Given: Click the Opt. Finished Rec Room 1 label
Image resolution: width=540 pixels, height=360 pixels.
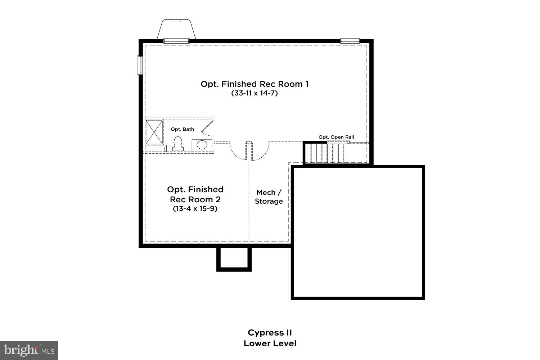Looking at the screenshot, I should click(255, 84).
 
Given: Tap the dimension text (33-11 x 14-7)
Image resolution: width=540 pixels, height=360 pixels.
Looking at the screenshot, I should click(255, 93).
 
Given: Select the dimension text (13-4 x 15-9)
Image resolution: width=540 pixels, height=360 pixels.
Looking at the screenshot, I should click(195, 209).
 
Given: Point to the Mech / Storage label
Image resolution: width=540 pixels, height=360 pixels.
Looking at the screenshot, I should click(269, 197).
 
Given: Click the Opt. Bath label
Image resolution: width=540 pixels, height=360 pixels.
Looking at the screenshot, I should click(182, 129).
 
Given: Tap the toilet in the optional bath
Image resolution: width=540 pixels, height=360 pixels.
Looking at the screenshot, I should click(177, 144).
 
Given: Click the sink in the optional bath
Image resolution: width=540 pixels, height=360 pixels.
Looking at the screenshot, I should click(202, 145).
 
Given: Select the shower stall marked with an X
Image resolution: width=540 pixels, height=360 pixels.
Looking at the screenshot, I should click(154, 132).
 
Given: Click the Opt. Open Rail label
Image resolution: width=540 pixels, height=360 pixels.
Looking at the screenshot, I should click(336, 137).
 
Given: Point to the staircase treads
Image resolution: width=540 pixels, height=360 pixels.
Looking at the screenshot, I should click(325, 153).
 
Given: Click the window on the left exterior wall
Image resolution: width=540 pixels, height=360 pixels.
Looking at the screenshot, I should click(140, 65).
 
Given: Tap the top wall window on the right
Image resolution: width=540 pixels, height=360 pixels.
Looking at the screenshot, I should click(350, 41).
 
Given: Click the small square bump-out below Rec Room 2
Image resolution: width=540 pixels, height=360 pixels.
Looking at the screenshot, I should click(234, 258).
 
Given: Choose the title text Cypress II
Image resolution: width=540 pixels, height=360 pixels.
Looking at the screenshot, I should click(270, 332).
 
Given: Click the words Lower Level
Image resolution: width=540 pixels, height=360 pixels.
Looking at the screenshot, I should click(270, 343).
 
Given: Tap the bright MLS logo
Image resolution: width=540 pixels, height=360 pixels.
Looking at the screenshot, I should click(29, 350).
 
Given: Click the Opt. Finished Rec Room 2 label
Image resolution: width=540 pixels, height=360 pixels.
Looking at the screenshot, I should click(195, 194).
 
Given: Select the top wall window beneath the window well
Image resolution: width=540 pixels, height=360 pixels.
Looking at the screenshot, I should click(176, 41).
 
